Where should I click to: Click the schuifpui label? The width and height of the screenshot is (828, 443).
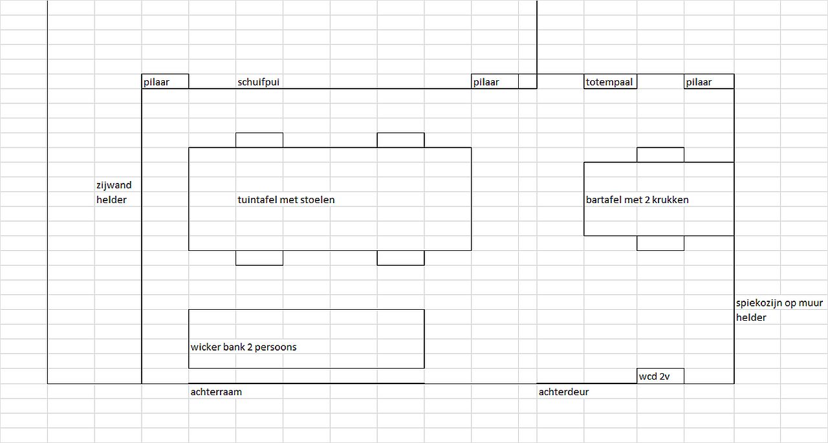point(258,82)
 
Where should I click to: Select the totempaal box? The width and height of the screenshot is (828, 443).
point(610,81)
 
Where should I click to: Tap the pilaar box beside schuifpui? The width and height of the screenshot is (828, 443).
point(165,81)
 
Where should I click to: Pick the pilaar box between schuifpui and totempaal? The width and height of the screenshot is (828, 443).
point(495,81)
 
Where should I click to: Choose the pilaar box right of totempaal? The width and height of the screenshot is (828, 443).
point(709,81)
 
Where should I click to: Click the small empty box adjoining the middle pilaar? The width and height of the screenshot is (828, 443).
point(527,81)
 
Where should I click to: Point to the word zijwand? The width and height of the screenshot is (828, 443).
point(114,185)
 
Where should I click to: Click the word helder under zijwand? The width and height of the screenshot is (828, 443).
point(111,200)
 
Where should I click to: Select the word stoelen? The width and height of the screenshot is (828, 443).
point(317,200)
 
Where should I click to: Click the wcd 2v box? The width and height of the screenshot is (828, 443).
point(660,376)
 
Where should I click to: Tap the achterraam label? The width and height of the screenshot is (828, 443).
point(216,392)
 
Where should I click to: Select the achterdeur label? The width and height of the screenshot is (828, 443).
point(563,392)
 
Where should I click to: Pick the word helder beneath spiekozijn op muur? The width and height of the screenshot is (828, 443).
point(751,318)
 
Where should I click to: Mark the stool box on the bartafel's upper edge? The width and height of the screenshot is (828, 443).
point(660,155)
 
